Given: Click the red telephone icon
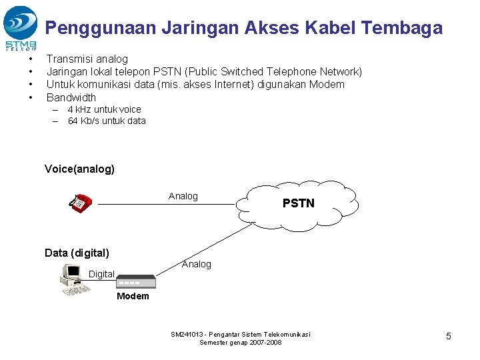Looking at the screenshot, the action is (80, 203).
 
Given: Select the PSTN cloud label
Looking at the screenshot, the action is (298, 203).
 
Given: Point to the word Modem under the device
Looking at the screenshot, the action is (133, 296).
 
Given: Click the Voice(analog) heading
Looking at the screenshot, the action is (79, 169).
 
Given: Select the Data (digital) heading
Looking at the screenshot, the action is (77, 253).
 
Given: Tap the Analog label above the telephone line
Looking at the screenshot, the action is (183, 196).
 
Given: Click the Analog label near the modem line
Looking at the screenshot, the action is (196, 264).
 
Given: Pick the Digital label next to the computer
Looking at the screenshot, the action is (101, 274).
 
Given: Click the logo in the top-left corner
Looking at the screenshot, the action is (21, 27).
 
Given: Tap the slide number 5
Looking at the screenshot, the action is (448, 336).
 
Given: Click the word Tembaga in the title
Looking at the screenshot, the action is (401, 28).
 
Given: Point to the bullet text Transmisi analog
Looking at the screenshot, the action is (87, 59).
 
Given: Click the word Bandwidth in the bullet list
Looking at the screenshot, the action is (71, 97).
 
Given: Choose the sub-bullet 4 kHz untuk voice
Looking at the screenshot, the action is (104, 109).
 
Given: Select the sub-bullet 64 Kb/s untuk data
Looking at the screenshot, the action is (107, 121).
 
